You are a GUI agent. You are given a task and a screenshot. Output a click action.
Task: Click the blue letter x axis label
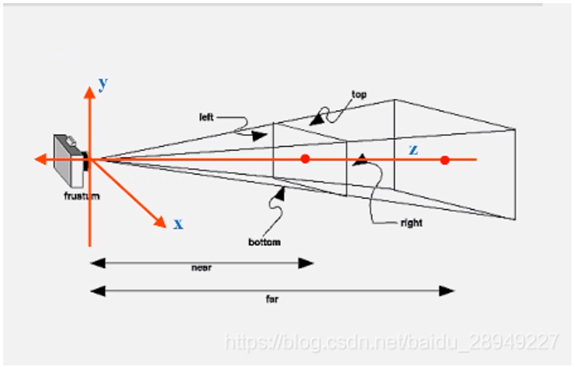click(178, 224)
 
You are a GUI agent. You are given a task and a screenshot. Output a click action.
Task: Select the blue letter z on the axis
click(412, 150)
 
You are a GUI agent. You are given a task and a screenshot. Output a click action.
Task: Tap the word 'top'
click(359, 95)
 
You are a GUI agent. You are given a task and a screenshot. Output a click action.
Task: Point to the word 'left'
click(206, 118)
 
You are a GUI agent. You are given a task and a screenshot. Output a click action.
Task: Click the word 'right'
click(411, 223)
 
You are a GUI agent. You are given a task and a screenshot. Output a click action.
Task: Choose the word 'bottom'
click(265, 242)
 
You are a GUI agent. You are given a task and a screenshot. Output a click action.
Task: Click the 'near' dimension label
click(202, 267)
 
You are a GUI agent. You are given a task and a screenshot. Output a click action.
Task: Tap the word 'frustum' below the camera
click(82, 196)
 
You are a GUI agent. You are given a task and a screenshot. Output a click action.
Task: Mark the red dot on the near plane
click(305, 160)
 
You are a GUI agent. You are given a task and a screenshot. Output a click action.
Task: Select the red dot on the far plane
click(445, 160)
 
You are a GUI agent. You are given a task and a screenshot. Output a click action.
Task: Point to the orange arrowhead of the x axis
click(161, 220)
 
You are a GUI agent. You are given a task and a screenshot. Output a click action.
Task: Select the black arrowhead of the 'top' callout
click(316, 121)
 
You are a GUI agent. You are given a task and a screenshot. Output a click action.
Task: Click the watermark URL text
click(392, 342)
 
